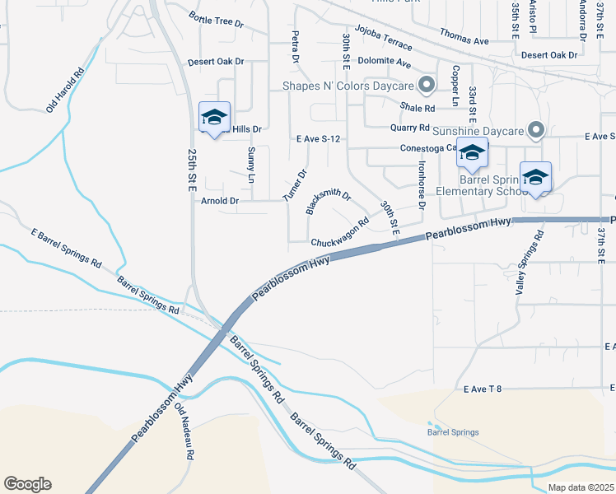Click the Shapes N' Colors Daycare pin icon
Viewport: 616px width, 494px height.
tap(427, 84)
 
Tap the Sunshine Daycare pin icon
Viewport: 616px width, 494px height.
tap(537, 130)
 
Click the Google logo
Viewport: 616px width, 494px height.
tap(27, 484)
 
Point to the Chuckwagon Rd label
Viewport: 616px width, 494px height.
tap(340, 234)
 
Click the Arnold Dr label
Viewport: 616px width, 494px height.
tap(219, 200)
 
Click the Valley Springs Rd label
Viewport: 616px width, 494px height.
tap(530, 262)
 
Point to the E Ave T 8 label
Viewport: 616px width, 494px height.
tap(482, 388)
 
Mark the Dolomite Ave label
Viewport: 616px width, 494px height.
tap(384, 62)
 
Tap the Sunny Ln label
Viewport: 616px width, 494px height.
tap(251, 165)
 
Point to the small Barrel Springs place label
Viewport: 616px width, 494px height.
tap(452, 432)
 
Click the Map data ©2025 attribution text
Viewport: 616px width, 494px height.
tap(580, 487)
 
